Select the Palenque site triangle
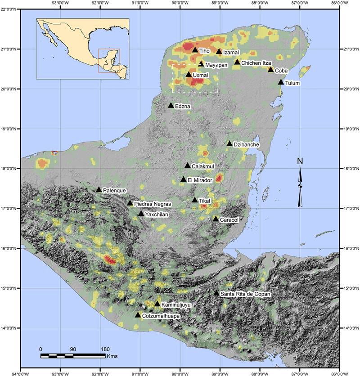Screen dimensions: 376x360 coord(99,189)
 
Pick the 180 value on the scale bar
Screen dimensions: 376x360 coord(105,349)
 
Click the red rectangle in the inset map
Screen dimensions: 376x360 coord(109,61)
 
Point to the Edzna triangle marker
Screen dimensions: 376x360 coord(171,105)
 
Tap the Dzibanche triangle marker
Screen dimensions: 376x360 coord(229,143)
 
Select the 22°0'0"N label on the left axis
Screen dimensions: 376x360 coord(10,9)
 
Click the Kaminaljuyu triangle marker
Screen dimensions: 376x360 coord(157,304)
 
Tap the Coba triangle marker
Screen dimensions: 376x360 coord(270,69)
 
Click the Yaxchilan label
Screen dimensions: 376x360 coord(157,215)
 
